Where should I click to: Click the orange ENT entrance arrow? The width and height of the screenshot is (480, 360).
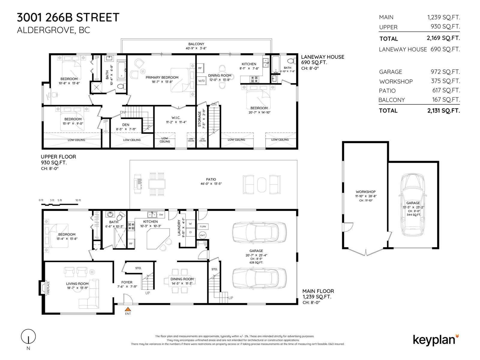pos(128,309)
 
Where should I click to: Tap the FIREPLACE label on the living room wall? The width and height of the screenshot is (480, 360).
pos(48,287)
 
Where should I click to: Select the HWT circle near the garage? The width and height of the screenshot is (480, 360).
pos(202,235)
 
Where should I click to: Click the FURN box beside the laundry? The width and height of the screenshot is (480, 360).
pos(203,226)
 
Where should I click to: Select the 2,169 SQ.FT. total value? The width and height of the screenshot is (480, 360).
pos(443,38)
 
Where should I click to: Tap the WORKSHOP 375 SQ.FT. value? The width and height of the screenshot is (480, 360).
pos(445,81)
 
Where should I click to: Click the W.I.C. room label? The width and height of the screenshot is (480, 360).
pos(176,118)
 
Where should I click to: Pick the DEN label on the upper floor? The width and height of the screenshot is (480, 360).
pos(126,125)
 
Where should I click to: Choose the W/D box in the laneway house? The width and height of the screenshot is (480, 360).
pos(201,81)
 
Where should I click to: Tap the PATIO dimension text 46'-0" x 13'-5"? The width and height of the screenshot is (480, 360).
pos(211,184)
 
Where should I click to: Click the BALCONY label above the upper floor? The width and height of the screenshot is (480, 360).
pos(196,44)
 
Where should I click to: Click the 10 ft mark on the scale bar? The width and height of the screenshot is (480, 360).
pos(78,200)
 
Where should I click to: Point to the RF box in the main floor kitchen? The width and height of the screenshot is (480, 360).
pos(131,244)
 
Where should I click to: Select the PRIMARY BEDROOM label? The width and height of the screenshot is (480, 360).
pos(162,77)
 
